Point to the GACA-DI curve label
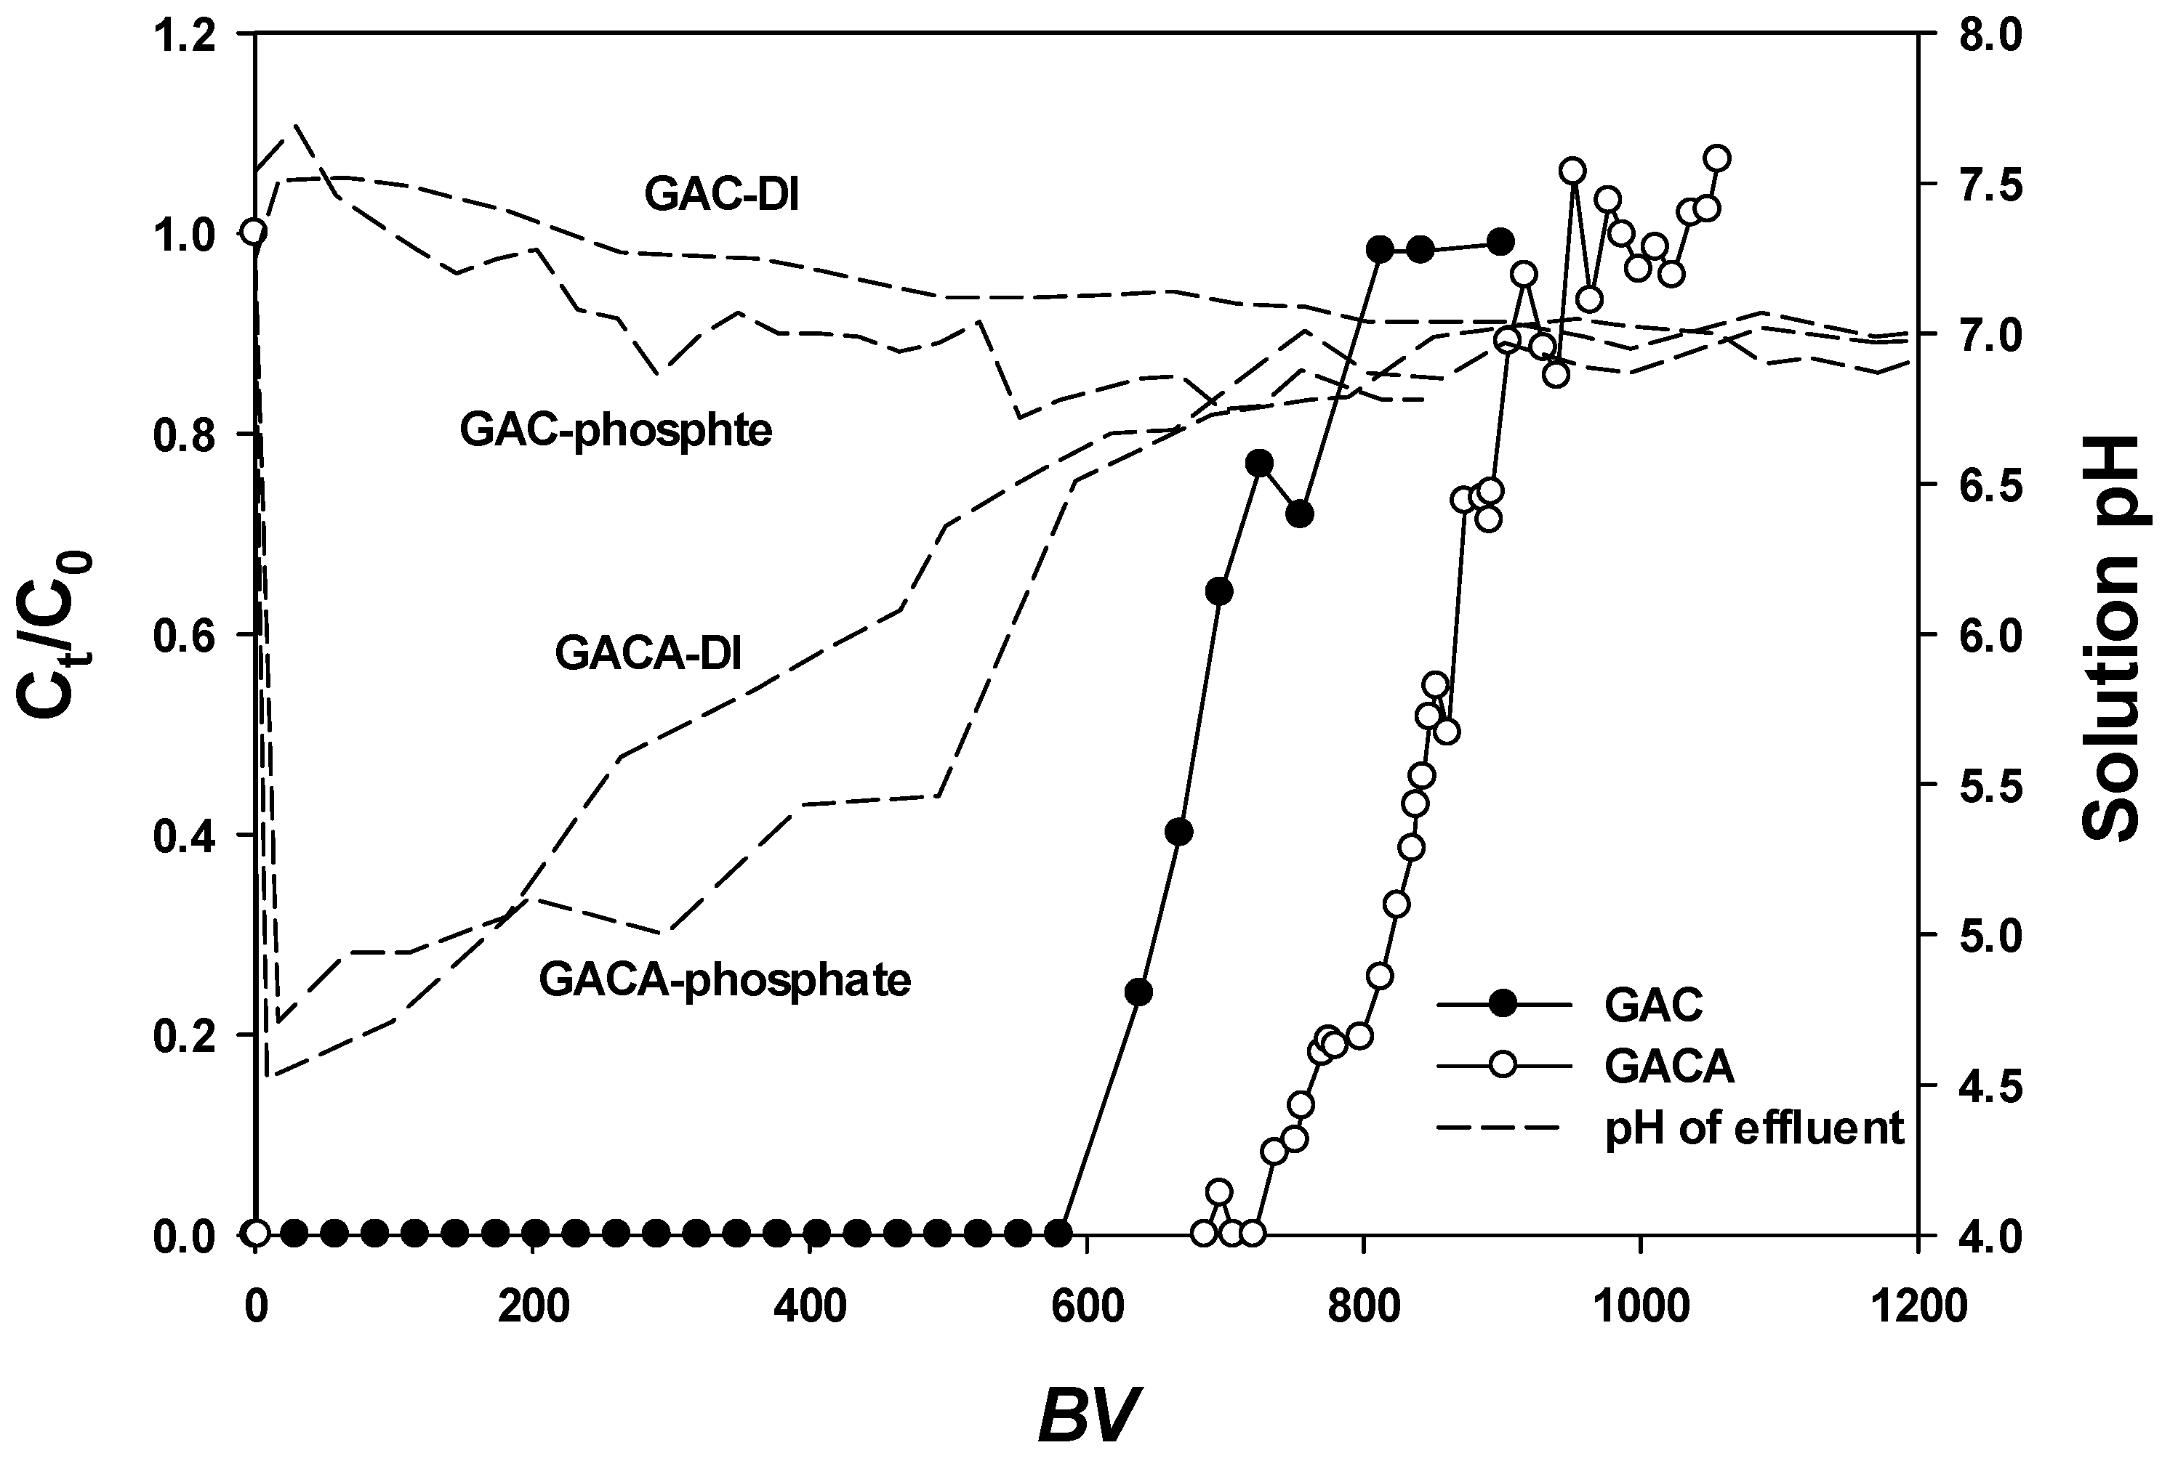648,653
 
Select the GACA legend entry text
1668,1066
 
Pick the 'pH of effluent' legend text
1753,1128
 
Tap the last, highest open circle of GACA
1717,158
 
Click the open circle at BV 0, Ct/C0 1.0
254,232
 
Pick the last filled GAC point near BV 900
1500,241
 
